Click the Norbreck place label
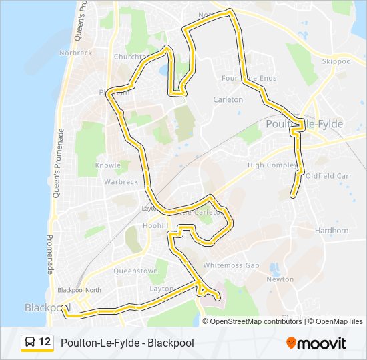(x=75, y=53)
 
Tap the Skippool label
(x=337, y=61)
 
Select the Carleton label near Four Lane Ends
(x=228, y=99)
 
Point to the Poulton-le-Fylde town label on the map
(x=304, y=124)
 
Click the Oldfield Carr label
(x=328, y=176)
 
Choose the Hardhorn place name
(x=331, y=231)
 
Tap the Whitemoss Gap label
(x=231, y=265)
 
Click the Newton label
(x=280, y=279)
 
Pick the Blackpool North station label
(x=79, y=290)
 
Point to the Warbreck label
(x=121, y=181)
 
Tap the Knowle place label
(x=108, y=165)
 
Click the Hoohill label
(x=155, y=226)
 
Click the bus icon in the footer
(x=29, y=343)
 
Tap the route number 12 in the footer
(x=45, y=343)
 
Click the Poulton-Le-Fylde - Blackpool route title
(x=127, y=343)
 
